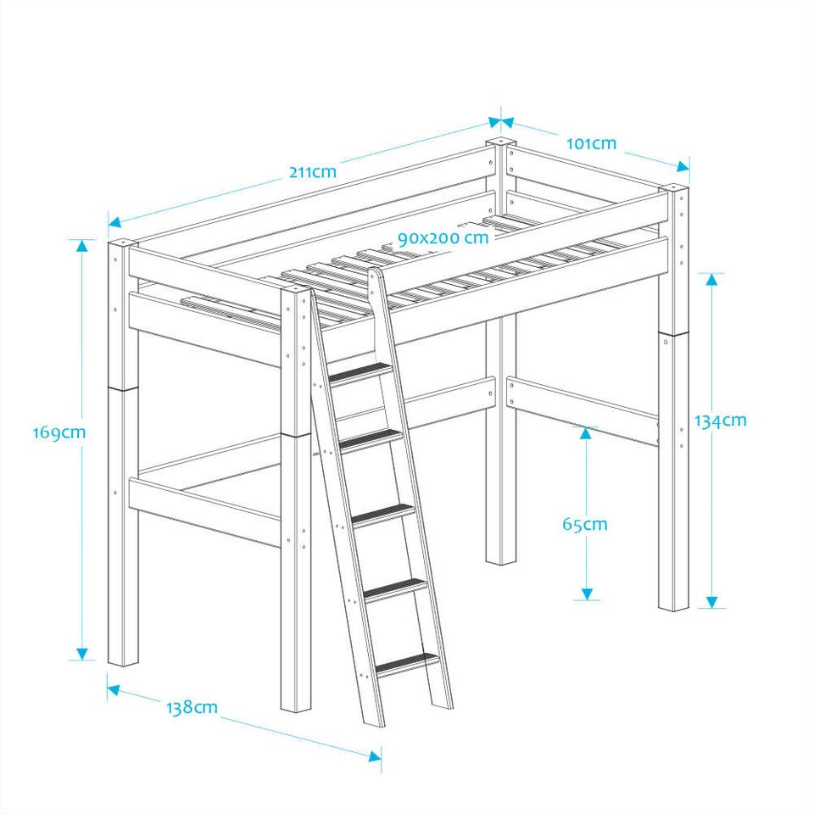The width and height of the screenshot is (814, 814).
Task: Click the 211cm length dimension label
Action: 313,171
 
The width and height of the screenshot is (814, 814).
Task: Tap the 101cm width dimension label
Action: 591,143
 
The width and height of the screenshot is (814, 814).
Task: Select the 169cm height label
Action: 59,432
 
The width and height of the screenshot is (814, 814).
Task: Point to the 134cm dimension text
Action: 721,420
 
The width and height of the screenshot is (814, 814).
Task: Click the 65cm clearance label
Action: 584,524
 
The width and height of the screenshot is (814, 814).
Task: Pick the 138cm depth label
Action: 192,707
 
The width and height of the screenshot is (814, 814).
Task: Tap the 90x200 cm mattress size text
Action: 443,237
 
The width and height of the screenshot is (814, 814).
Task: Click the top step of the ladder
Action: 361,373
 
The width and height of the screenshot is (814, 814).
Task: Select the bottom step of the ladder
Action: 408,664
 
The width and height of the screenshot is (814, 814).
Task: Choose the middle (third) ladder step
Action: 384,515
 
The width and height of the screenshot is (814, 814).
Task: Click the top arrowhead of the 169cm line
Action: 82,246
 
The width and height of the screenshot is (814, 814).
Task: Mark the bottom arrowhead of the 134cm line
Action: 711,602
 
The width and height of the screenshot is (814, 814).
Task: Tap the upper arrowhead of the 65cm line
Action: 586,433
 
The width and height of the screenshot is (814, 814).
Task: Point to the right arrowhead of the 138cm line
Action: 375,755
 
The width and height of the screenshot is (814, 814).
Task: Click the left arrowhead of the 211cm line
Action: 114,222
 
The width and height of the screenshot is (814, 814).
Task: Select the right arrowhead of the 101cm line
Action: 683,166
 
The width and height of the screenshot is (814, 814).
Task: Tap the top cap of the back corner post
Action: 500,142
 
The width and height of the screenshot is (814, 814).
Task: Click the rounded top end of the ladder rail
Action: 375,274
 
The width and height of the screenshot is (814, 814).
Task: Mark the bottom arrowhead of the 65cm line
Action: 587,594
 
